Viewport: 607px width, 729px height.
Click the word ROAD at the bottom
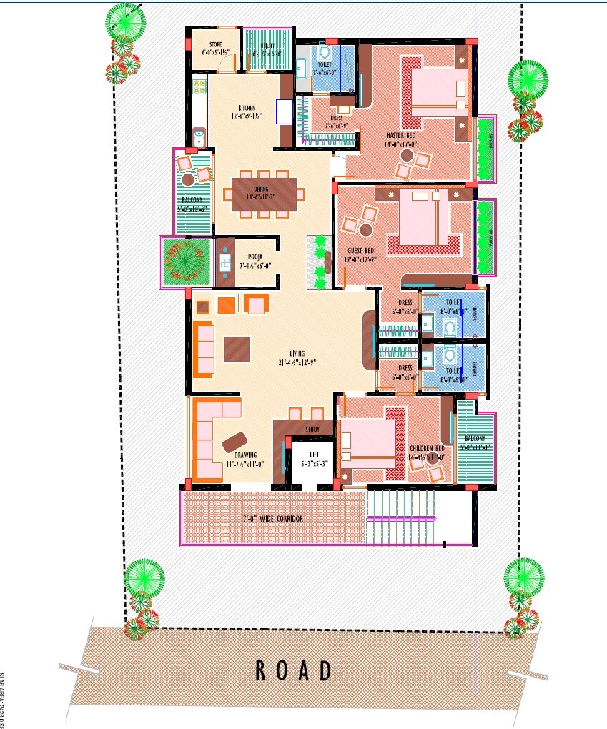pos(294,670)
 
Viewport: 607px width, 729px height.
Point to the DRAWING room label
pos(246,455)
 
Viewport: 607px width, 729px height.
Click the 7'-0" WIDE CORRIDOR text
pos(273,517)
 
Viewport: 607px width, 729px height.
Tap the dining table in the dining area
pos(263,194)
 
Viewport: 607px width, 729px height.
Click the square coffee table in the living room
pos(237,349)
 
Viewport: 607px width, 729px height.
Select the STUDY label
pos(312,430)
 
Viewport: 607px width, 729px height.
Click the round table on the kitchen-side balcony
pos(188,179)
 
